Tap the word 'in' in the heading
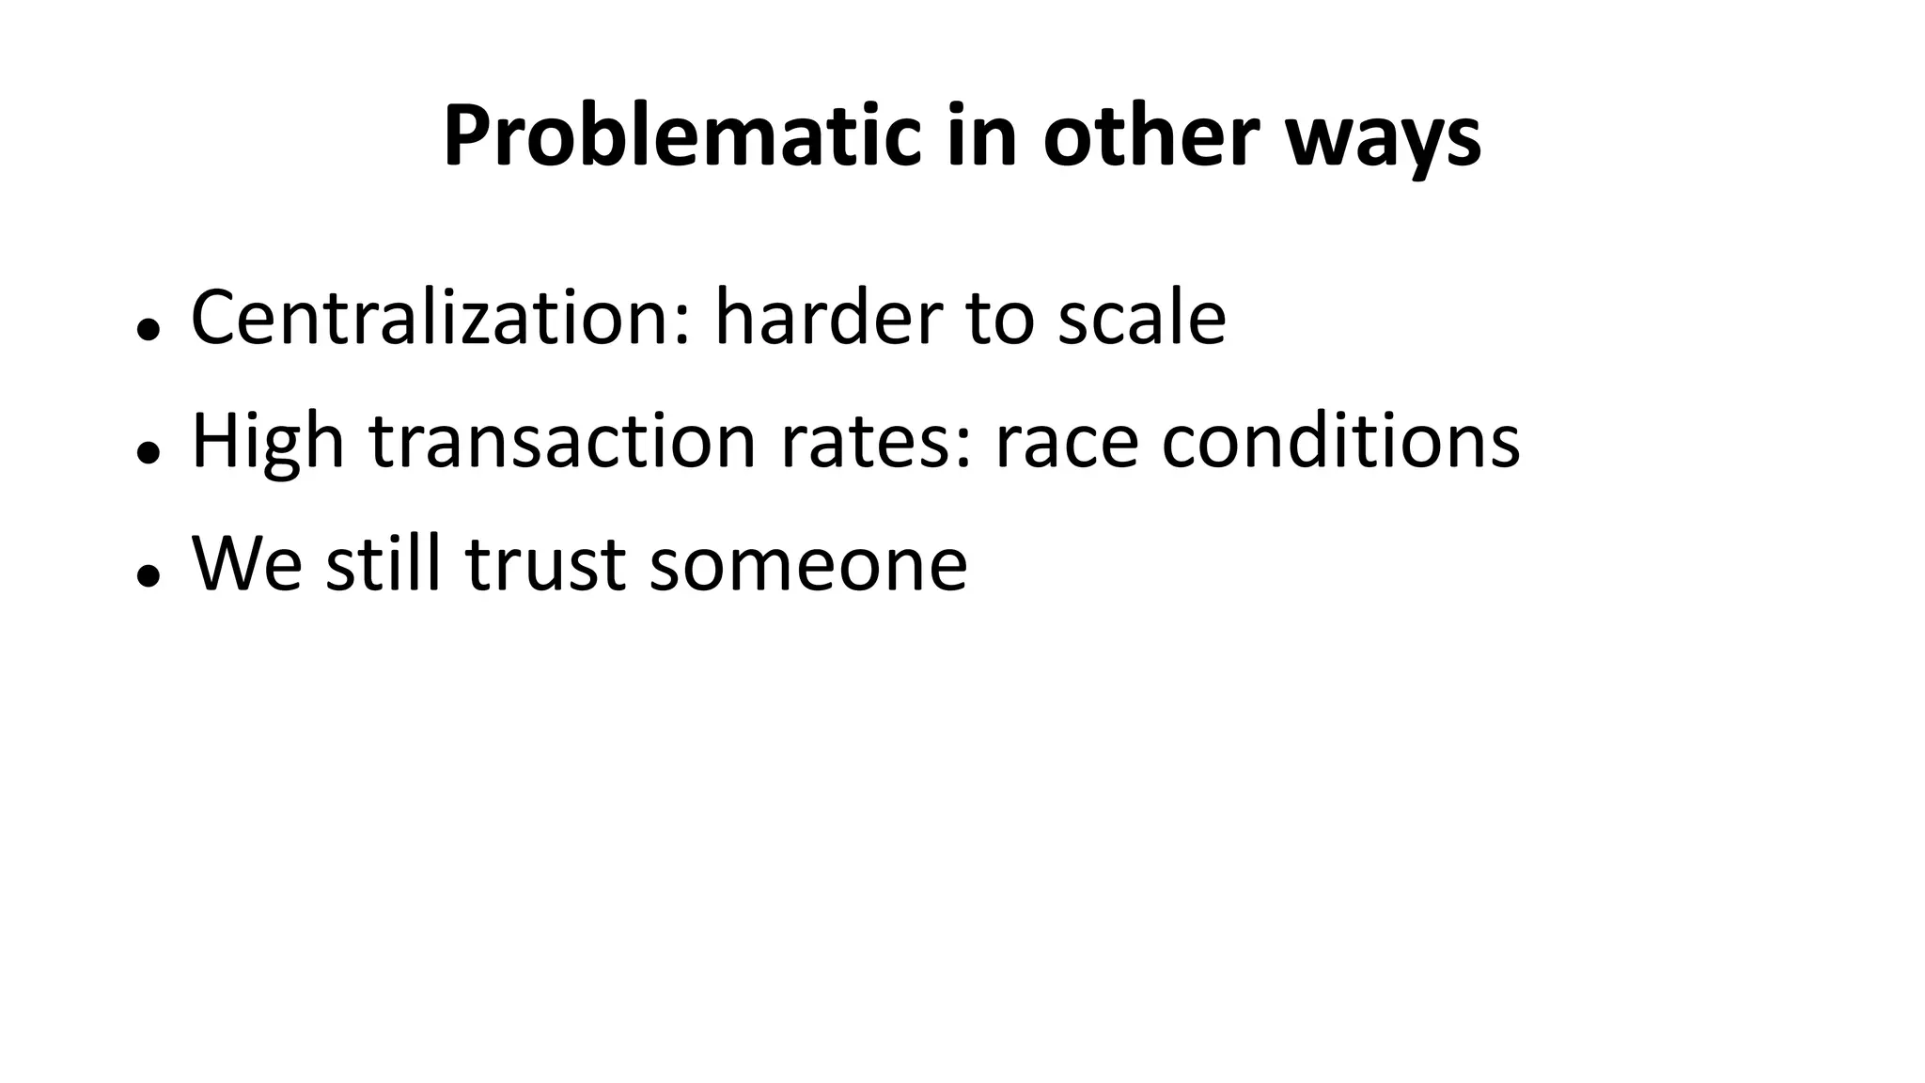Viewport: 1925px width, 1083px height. tap(981, 137)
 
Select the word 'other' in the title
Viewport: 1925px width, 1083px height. tap(1150, 137)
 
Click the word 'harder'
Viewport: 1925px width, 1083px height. tap(828, 318)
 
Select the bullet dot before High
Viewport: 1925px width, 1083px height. tap(146, 452)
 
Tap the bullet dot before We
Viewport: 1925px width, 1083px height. tap(146, 575)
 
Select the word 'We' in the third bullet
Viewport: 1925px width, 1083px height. tap(247, 564)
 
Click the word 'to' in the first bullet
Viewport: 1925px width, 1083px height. tap(999, 318)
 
